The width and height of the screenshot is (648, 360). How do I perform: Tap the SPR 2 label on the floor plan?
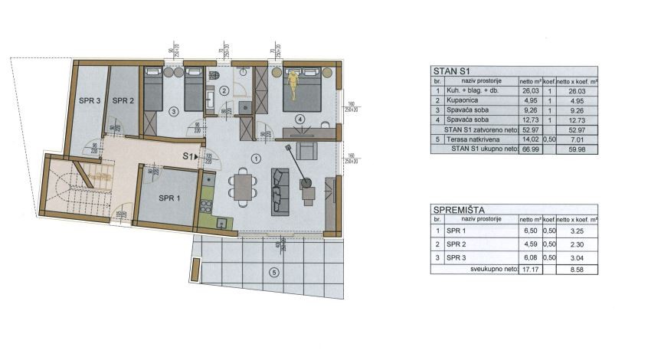click(123, 100)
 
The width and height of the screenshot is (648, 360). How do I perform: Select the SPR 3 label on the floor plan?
click(90, 100)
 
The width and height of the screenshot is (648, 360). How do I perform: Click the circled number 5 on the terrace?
click(275, 272)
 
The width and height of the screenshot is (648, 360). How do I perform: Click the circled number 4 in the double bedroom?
click(300, 119)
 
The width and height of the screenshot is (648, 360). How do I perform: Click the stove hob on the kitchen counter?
click(205, 205)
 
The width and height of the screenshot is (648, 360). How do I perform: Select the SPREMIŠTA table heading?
click(463, 208)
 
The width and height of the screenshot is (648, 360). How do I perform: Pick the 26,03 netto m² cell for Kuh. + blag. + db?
click(531, 90)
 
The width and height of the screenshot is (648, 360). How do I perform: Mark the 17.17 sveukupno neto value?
click(531, 270)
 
